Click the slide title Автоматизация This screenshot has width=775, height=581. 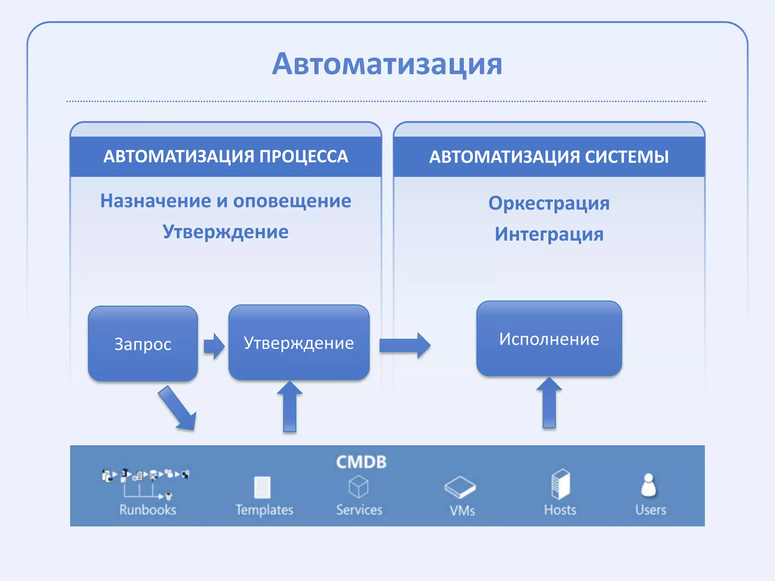tap(387, 64)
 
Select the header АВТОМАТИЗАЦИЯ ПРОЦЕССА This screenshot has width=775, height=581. tap(226, 157)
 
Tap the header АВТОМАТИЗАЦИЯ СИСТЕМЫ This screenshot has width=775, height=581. tap(549, 157)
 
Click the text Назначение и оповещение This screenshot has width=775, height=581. tap(226, 201)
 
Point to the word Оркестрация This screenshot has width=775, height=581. tap(549, 203)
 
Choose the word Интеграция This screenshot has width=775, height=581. tap(549, 234)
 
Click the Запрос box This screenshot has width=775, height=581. tap(143, 344)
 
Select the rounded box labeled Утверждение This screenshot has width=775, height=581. tap(299, 343)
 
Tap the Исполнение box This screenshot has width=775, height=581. tap(549, 339)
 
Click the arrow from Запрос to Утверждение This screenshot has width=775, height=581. tap(214, 346)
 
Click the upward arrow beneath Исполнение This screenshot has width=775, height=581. tap(549, 403)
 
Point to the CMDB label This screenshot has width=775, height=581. tap(361, 462)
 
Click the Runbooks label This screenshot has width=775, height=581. tap(148, 510)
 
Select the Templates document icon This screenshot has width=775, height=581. tap(262, 487)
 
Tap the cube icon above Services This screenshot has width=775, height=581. tap(358, 486)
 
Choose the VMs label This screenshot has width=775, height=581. tap(462, 511)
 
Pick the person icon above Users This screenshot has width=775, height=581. tap(649, 485)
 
